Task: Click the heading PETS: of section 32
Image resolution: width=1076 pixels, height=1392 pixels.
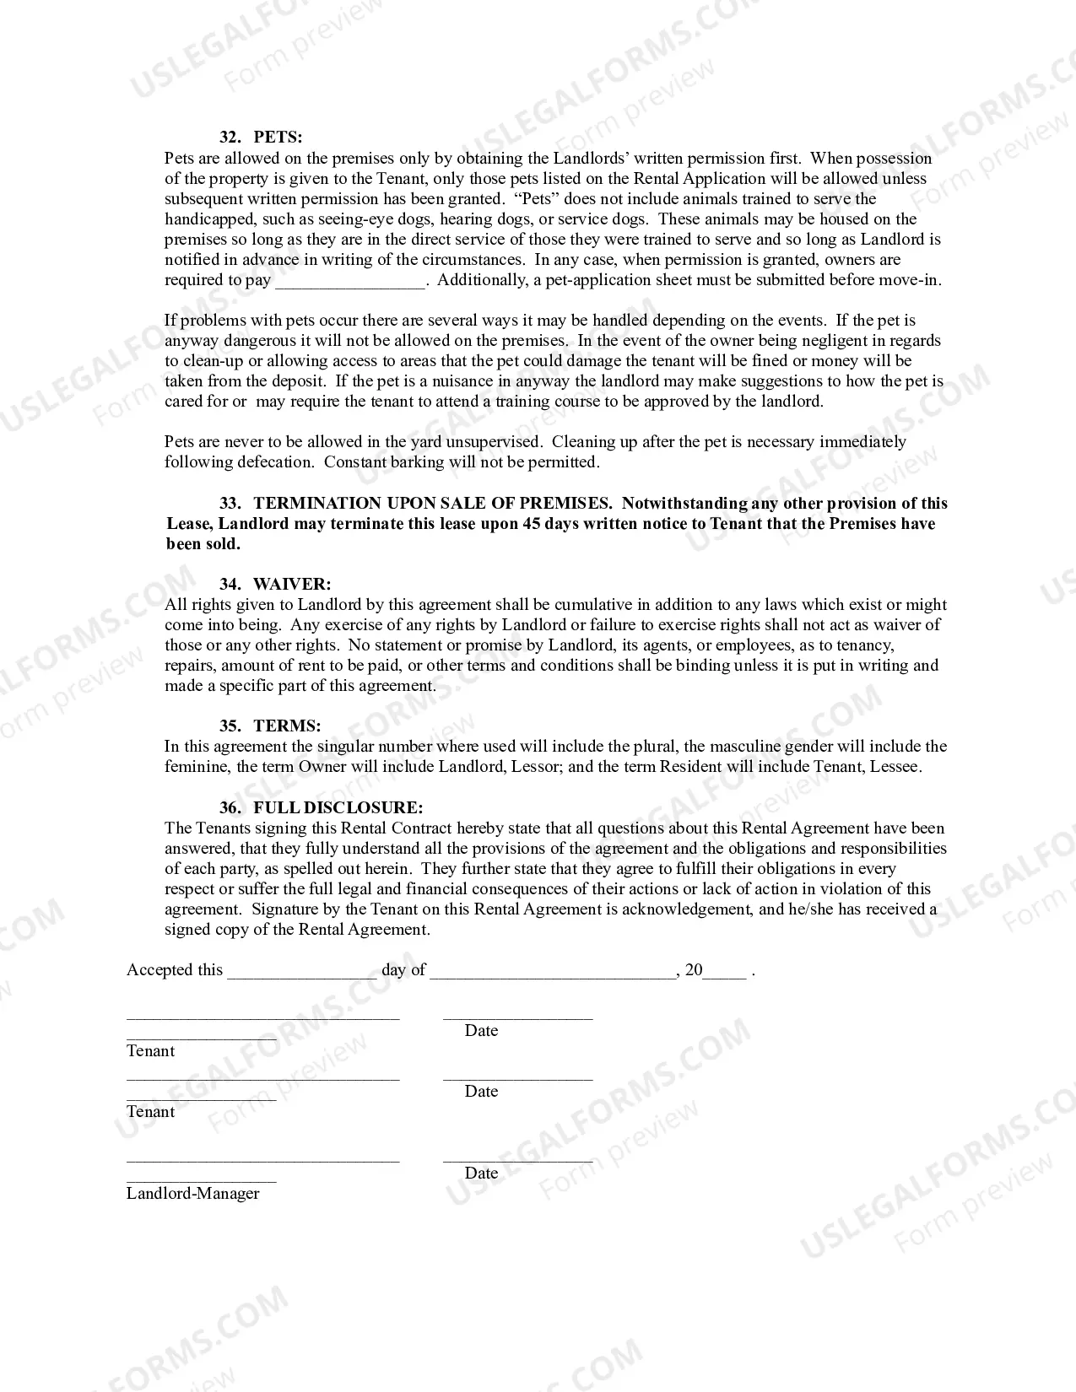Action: tap(278, 138)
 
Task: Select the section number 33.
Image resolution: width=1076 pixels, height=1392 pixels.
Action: tap(230, 503)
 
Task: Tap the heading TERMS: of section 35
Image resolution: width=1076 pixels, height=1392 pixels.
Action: tap(287, 726)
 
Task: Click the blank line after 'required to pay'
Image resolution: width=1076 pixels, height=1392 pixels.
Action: tap(350, 282)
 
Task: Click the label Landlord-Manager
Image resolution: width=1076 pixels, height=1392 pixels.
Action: tap(193, 1193)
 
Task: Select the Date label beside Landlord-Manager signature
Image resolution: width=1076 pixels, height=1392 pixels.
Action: tap(481, 1173)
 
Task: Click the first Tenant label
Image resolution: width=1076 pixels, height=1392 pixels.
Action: tap(151, 1050)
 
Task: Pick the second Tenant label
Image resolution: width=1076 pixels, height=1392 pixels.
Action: tap(151, 1111)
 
